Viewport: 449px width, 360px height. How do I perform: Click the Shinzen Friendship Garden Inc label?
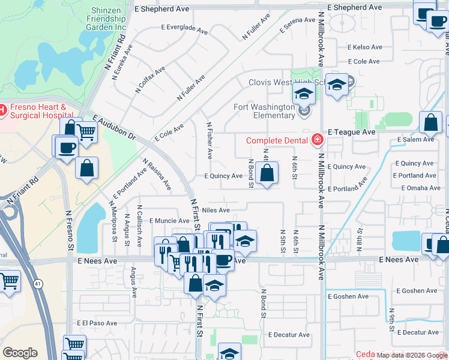click(109, 19)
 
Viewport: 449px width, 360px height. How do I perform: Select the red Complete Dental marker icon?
click(317, 141)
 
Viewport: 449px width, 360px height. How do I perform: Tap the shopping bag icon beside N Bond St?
click(266, 173)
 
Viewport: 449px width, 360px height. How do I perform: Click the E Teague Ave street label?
click(351, 131)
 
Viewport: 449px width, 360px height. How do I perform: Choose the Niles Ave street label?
click(216, 210)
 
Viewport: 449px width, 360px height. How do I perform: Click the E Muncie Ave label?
click(169, 221)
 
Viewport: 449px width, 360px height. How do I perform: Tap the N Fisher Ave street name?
click(209, 141)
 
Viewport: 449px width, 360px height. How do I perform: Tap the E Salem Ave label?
click(415, 139)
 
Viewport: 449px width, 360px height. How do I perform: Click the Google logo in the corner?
click(20, 353)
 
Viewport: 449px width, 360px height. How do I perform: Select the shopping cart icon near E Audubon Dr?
click(87, 131)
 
